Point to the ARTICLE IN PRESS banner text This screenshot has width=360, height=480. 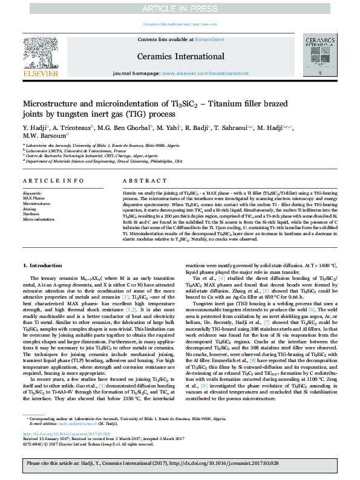tap(180, 8)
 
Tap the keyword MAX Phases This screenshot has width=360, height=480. tap(34, 198)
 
